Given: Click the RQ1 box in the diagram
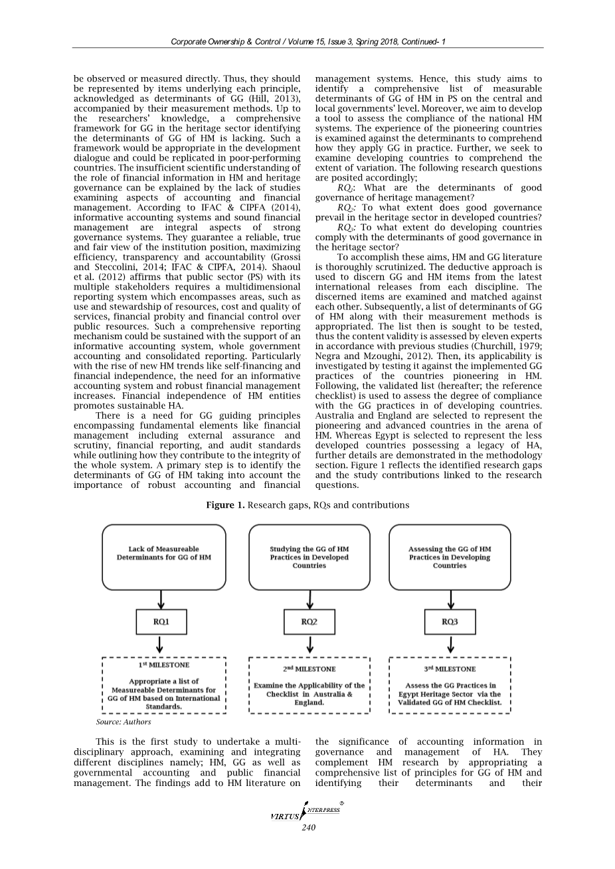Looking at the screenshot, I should point(161,621).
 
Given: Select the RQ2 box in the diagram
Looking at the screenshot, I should point(309,621).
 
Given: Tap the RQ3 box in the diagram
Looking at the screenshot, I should point(450,621).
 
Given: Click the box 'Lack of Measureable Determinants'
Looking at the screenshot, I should point(163,557).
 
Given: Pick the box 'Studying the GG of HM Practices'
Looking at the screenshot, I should point(309,557).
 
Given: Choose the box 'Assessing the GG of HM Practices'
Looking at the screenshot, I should point(450,557).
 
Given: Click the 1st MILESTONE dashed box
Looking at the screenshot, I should point(163,686).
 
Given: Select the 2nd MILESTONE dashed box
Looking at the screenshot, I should point(309,686).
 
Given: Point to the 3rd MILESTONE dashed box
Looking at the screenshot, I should point(450,686).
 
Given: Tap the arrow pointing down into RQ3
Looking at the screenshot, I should point(451,599).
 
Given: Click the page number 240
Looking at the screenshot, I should point(308,827).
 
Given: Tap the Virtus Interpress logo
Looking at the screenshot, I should point(306,812).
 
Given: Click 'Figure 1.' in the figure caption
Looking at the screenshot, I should point(225,505).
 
